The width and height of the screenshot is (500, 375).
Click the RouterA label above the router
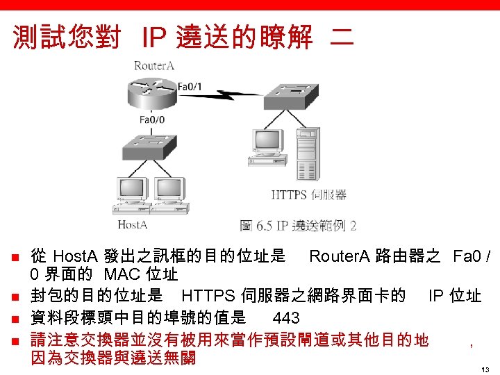(x=154, y=66)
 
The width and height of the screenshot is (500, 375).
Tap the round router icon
(x=149, y=90)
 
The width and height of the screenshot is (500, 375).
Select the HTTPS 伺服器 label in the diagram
(x=308, y=194)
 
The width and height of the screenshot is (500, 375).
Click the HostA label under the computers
(x=132, y=224)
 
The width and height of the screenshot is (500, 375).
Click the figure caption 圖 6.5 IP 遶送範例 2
(x=299, y=225)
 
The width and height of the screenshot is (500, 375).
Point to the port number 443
(x=286, y=318)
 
